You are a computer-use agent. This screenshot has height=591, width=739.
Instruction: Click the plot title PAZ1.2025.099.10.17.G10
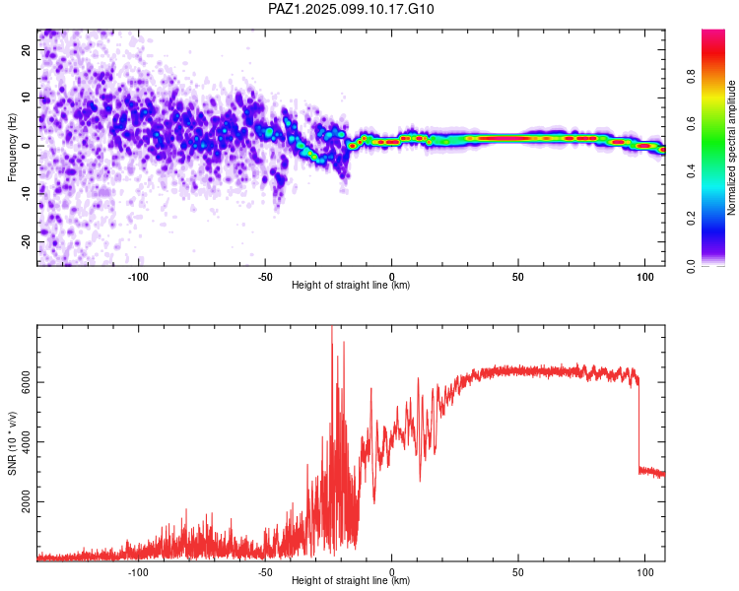pos(351,9)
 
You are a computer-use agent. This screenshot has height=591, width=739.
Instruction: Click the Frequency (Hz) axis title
pos(12,148)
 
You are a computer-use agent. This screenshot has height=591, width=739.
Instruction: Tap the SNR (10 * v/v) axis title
pos(12,443)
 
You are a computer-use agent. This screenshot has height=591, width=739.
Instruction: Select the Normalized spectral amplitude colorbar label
pos(731,148)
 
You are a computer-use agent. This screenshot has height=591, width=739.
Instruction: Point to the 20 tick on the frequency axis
pos(27,49)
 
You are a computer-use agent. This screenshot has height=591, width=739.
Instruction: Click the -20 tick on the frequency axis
pos(27,241)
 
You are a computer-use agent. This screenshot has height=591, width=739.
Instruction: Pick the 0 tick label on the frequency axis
pos(27,146)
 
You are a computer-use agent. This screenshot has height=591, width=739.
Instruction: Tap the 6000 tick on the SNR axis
pos(27,382)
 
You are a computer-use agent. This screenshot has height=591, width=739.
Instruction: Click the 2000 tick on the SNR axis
pos(27,501)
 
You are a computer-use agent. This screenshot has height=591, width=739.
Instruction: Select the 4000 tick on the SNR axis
pos(27,441)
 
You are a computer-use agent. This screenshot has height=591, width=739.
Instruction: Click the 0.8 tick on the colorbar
pos(691,77)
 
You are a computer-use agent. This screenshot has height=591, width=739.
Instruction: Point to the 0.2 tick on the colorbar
pos(691,219)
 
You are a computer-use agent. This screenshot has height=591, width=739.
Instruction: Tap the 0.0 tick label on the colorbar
pos(691,266)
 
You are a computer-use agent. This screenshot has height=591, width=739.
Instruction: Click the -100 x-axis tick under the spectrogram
pos(138,277)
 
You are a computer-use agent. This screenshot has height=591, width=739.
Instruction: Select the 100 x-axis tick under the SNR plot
pos(644,572)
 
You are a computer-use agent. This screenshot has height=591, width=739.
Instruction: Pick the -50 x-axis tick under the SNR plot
pos(264,572)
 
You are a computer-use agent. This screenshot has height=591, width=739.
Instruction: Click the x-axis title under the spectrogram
pos(351,285)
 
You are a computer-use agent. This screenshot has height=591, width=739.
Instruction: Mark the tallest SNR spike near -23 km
pos(332,327)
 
